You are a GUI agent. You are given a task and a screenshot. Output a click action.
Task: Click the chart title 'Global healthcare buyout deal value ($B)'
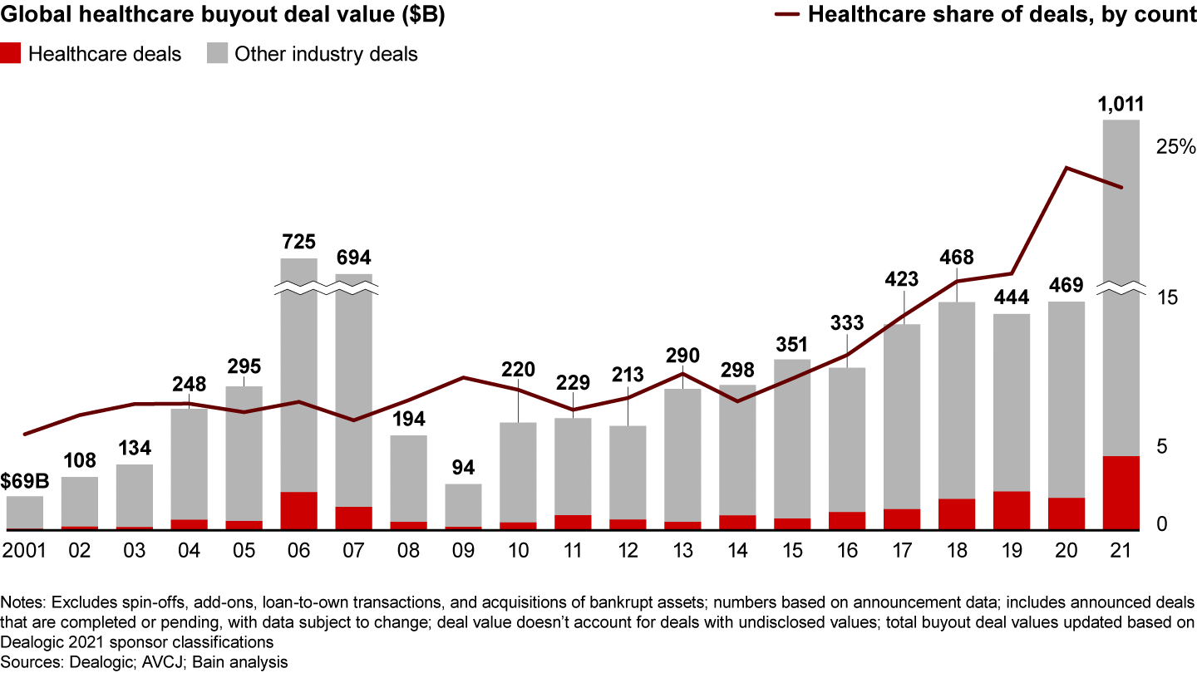222,15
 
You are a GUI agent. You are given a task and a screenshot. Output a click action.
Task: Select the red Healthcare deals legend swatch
12,55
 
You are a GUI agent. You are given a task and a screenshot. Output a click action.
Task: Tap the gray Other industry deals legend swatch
216,55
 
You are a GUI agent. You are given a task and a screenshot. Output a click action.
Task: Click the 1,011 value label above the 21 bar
1121,105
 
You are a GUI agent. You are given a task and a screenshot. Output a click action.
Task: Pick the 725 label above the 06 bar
299,243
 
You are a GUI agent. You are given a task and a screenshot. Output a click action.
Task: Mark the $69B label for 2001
24,482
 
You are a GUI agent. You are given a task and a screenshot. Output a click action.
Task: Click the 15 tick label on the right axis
1167,297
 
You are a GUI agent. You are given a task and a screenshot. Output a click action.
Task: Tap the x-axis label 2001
25,550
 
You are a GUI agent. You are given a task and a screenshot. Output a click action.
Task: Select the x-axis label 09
464,550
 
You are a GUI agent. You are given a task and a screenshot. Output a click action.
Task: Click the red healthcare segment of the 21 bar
1121,492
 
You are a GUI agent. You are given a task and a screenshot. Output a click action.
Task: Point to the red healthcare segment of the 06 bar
299,510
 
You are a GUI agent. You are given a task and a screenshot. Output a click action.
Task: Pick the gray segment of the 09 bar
464,504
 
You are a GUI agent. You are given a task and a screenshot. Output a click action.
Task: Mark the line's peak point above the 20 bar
1066,168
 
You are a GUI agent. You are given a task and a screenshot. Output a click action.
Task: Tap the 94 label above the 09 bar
464,469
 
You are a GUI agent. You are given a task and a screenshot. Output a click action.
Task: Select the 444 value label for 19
1012,297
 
